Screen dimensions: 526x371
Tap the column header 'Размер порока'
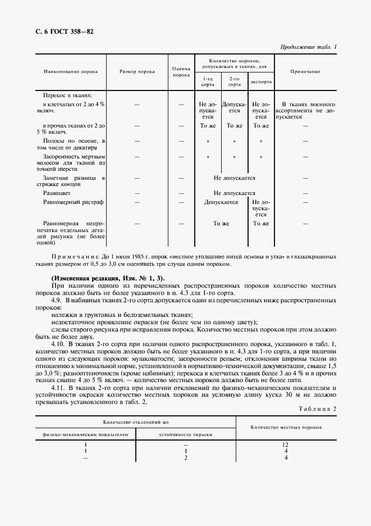(x=137, y=72)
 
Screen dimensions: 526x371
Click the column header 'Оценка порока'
(x=181, y=71)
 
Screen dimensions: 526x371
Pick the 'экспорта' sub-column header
(x=261, y=81)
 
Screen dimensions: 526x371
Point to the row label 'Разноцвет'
(x=56, y=193)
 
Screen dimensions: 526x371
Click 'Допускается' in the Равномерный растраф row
(x=221, y=202)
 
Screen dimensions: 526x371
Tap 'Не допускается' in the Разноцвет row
(x=234, y=193)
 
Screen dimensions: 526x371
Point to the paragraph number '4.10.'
(x=58, y=343)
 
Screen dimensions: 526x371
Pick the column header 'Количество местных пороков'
(x=286, y=427)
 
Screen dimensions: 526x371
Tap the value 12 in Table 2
(x=286, y=445)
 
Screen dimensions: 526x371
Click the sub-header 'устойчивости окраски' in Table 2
(x=185, y=434)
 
